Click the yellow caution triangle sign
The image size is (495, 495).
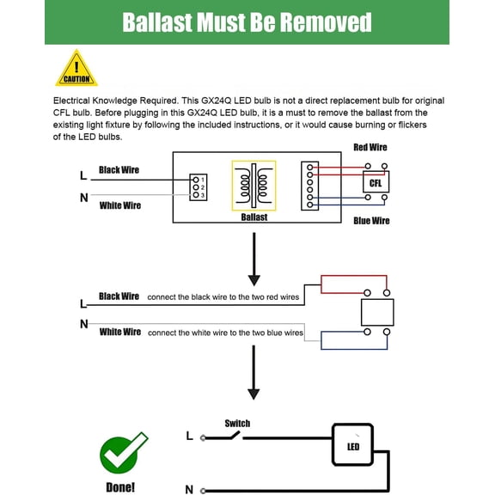tap(76, 69)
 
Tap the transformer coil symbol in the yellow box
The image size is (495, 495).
tap(254, 186)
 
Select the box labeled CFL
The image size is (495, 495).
tap(376, 182)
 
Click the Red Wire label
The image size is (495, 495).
tap(370, 148)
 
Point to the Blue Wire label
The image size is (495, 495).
tap(371, 221)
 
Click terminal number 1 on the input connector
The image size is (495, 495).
tap(196, 180)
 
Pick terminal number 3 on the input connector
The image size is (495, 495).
tap(196, 195)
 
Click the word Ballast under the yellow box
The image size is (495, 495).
tap(254, 217)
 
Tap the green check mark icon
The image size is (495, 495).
tap(121, 452)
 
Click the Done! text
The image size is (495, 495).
tap(120, 487)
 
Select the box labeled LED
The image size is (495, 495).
tap(353, 445)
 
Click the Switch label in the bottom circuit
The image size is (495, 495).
tap(237, 424)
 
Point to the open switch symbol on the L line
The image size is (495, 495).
tap(222, 437)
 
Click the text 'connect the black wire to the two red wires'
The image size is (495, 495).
tap(223, 297)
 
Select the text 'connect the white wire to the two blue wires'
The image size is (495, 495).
tap(225, 333)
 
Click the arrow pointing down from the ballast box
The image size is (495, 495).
tap(254, 260)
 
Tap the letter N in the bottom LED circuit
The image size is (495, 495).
tap(189, 490)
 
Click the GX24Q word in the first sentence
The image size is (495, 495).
tap(217, 101)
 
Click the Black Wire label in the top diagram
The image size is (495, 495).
tap(119, 170)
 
